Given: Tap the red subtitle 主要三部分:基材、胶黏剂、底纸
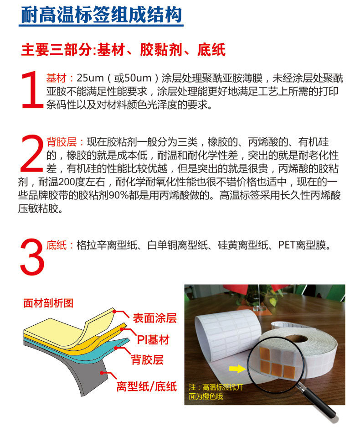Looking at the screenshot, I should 123,50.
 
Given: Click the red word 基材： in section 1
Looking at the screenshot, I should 61,78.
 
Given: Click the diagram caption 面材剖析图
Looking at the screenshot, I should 48,303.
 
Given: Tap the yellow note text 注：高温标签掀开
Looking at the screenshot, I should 216,387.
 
